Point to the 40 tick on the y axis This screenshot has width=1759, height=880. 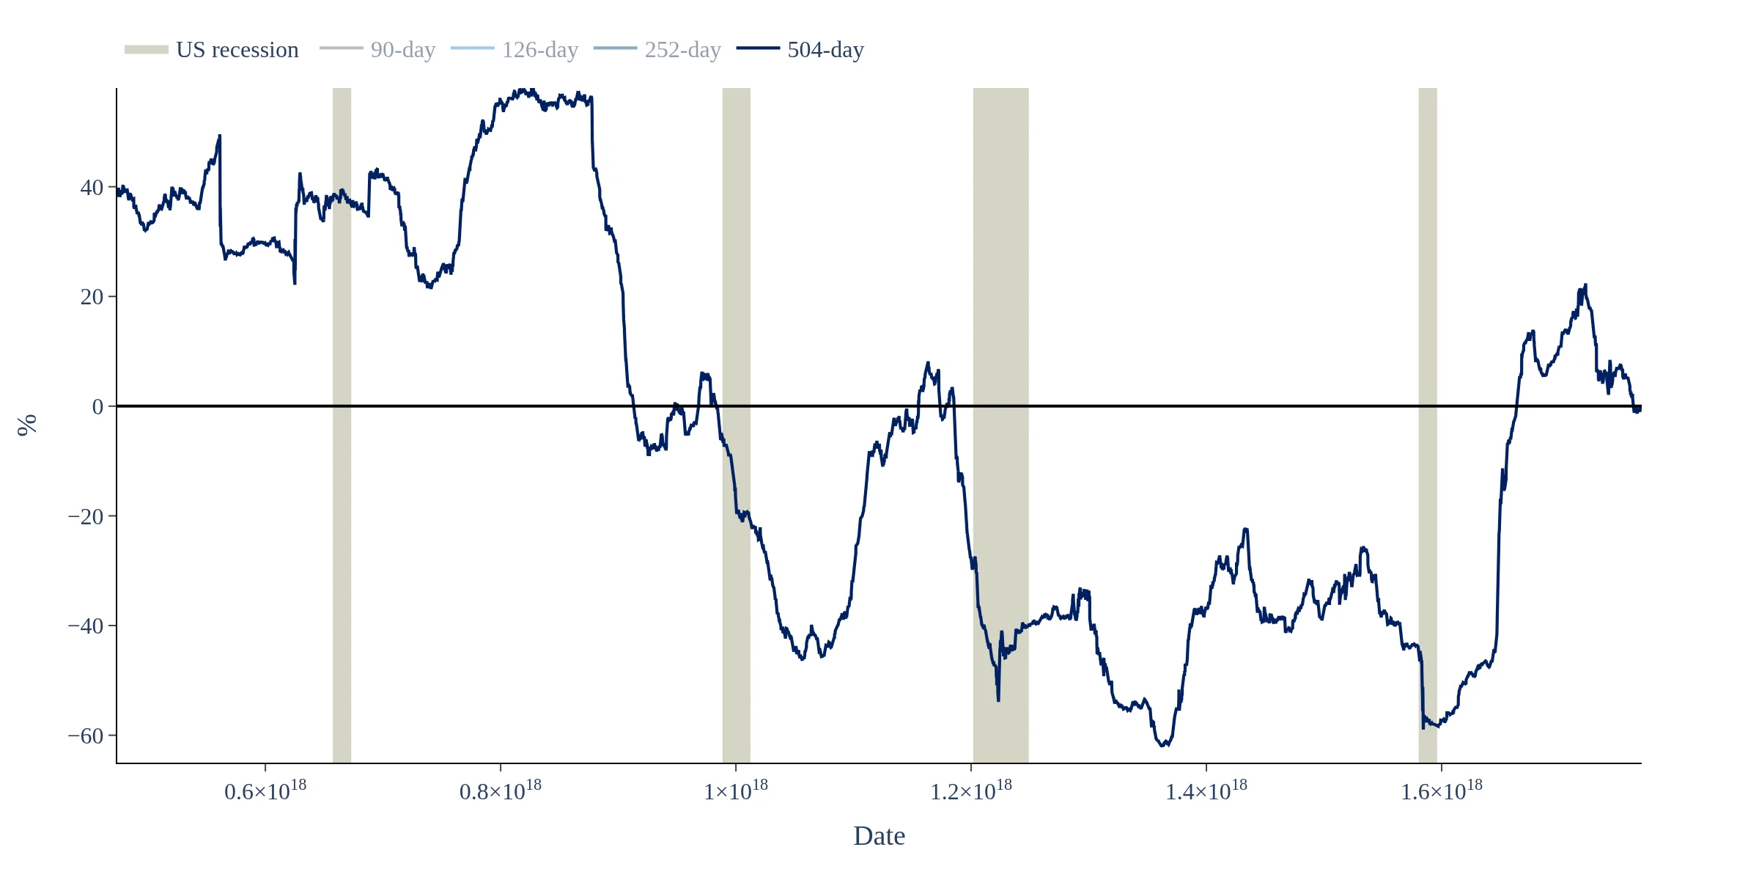point(92,188)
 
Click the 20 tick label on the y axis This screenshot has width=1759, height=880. point(92,297)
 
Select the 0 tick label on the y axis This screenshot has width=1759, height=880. point(97,407)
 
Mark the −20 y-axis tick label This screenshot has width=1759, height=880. point(85,516)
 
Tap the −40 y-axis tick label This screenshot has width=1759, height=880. point(85,626)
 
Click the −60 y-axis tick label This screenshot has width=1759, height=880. point(85,736)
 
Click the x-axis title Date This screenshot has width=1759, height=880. point(879,836)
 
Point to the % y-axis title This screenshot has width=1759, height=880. point(26,425)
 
